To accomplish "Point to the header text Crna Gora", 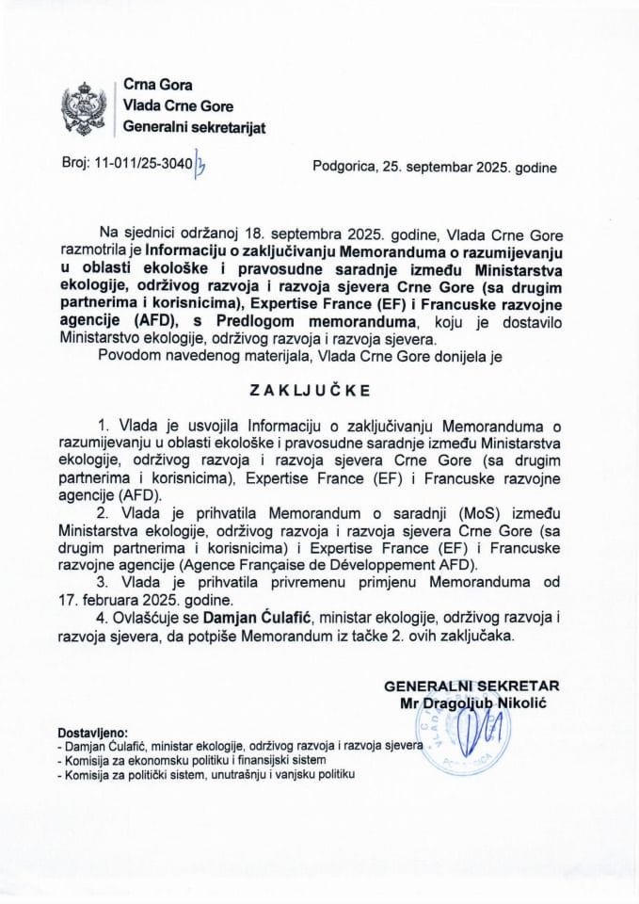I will coord(151,86).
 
